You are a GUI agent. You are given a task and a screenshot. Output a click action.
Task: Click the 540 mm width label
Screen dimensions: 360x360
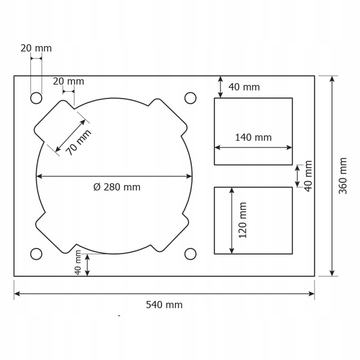[x=164, y=305]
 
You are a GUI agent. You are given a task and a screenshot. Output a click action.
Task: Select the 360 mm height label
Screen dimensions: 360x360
[x=343, y=176]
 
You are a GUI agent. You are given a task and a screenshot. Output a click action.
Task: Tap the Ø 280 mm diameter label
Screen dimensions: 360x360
[x=117, y=187]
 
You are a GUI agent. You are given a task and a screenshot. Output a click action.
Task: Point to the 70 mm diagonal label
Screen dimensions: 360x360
[x=78, y=142]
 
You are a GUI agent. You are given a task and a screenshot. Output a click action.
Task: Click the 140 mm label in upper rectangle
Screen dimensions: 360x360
[x=253, y=137]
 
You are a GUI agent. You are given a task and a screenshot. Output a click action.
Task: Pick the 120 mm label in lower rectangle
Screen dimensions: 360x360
[x=242, y=220]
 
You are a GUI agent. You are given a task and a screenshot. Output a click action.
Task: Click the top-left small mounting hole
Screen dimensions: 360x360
[x=36, y=98]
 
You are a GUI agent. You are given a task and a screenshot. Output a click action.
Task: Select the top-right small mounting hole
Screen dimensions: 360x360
[x=190, y=98]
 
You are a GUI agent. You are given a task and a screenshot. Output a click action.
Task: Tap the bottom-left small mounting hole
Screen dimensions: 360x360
[x=36, y=254]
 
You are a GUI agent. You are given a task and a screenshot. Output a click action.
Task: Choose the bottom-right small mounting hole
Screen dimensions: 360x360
[x=190, y=254]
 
